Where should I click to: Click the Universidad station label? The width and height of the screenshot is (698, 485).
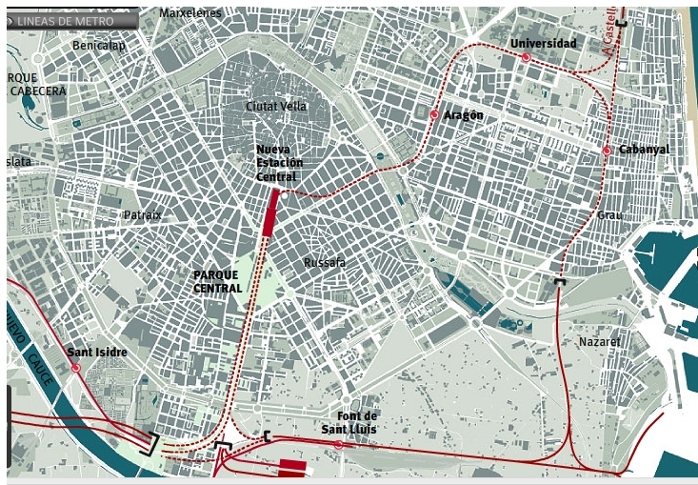pos(543,44)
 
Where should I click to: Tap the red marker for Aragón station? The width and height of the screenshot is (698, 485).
pos(434,115)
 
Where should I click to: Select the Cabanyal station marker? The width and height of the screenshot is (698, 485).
pos(607,151)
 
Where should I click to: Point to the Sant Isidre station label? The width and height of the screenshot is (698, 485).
pos(97,353)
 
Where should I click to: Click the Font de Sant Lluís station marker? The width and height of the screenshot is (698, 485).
pos(339,444)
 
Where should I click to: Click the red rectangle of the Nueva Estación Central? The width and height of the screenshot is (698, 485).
pos(270,211)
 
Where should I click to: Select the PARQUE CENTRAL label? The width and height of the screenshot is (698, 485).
pos(216,281)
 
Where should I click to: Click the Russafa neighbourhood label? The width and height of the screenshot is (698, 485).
pos(324,262)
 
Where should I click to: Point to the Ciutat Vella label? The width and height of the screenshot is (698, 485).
pos(275,106)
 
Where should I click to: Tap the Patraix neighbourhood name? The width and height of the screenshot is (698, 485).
pos(143,215)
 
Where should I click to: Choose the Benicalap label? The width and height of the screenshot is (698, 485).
pos(100,45)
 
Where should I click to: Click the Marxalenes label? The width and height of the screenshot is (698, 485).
pos(189,13)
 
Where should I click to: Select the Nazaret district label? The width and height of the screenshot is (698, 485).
pos(600,341)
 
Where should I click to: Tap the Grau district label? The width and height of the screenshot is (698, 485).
pos(608,215)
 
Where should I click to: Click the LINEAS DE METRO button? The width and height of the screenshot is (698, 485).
pos(71,20)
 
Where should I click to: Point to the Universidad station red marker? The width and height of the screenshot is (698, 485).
pos(526,57)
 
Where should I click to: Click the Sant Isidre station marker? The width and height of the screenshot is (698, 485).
pos(74,367)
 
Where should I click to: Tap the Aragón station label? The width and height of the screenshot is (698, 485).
pos(464,115)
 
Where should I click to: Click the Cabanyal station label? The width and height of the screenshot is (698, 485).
pos(644,150)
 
